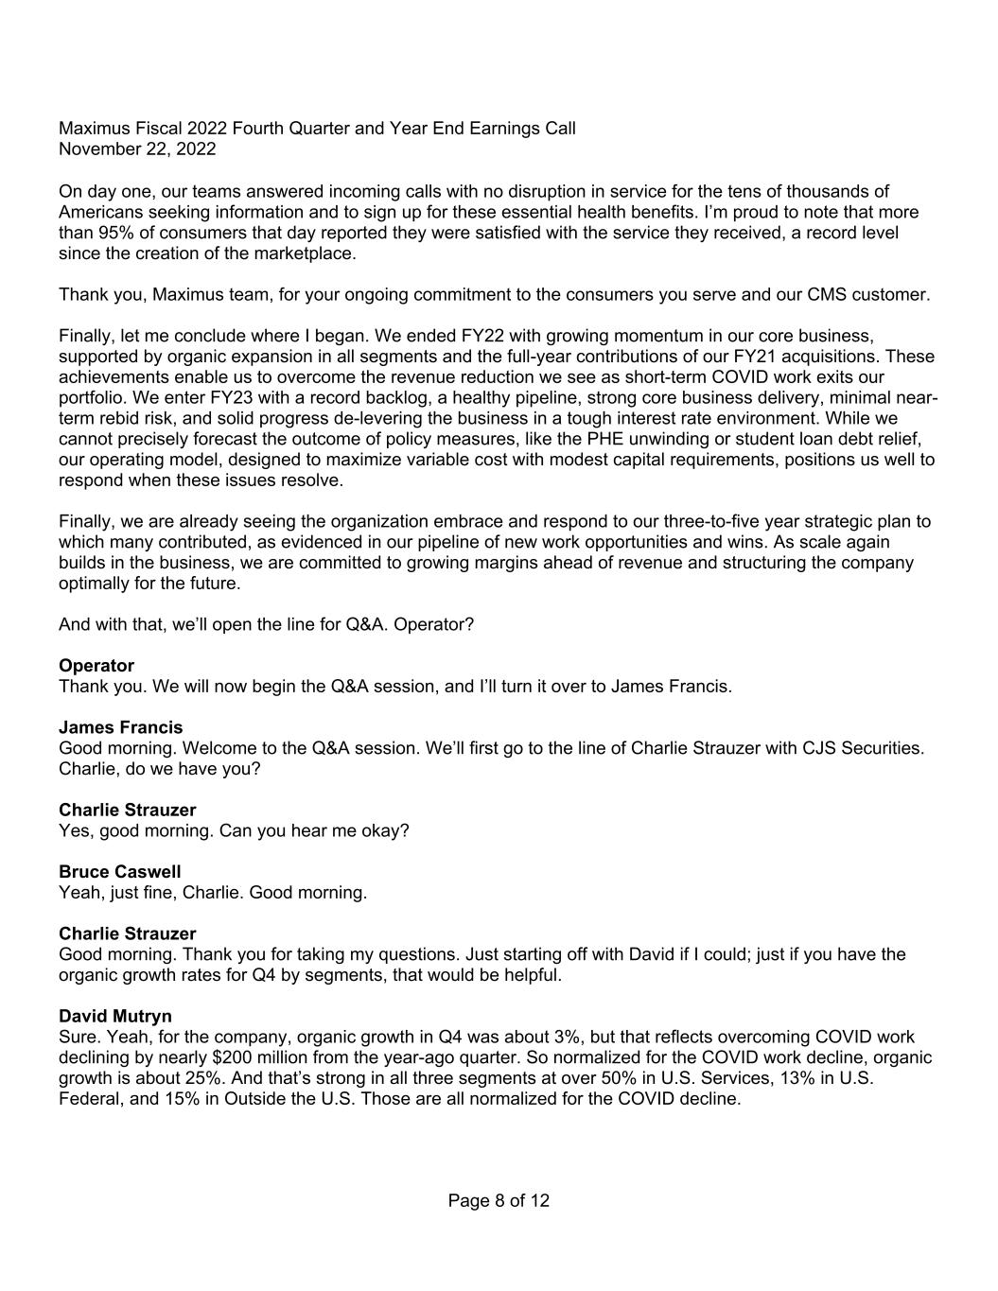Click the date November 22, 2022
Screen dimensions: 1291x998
coord(137,149)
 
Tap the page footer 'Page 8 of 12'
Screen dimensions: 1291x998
coord(499,1201)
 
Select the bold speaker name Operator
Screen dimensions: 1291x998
coord(96,666)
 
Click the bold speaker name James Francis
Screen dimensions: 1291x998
coord(121,727)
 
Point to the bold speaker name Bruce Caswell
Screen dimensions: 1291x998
coord(120,872)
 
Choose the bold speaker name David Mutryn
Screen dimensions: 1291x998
coord(115,1017)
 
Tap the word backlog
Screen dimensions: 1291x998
coord(355,398)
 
